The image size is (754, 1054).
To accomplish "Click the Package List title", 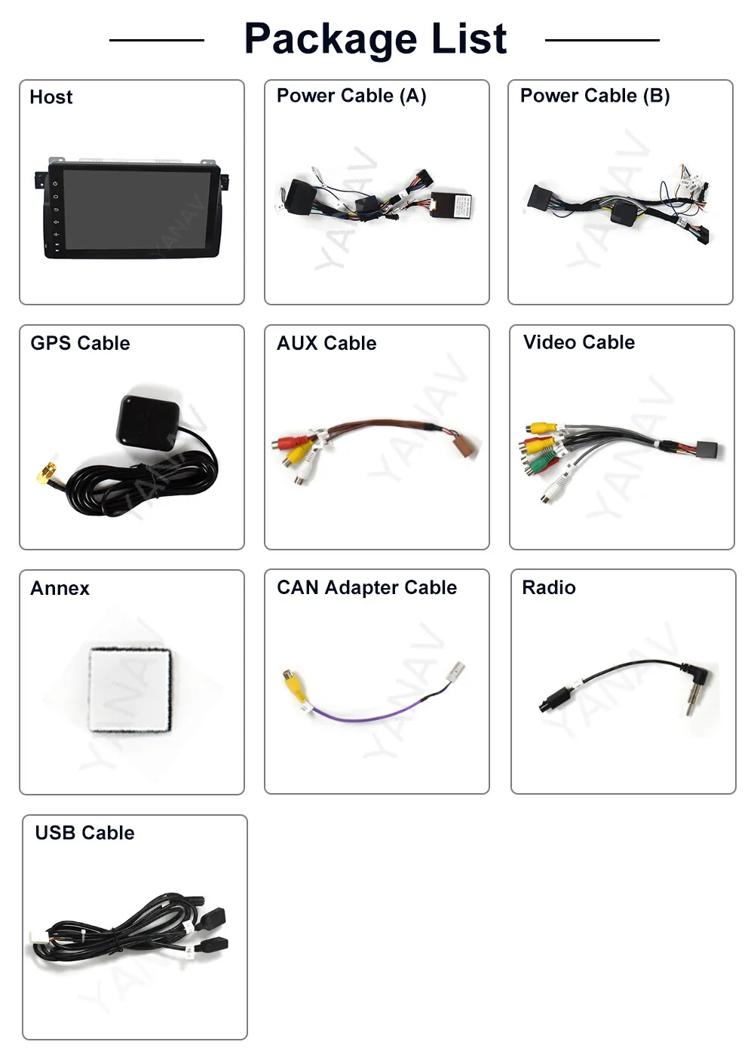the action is (x=375, y=39).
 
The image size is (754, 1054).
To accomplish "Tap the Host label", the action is (x=51, y=97).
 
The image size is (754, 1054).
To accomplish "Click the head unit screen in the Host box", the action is (x=132, y=209).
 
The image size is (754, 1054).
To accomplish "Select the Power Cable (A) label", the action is (x=351, y=96).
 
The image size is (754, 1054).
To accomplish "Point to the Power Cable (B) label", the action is (x=595, y=96).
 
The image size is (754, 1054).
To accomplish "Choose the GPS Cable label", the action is (x=80, y=343).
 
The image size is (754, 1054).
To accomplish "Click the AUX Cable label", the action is (x=326, y=343).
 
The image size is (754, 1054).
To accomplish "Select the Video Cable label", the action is (x=579, y=342).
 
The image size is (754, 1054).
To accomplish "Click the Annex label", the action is (x=60, y=588).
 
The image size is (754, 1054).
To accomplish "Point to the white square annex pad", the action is (x=130, y=689).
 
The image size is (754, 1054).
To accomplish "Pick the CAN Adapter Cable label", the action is (x=366, y=587).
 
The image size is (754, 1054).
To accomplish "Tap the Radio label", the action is (x=549, y=587).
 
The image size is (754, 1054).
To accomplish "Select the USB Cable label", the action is (x=85, y=832).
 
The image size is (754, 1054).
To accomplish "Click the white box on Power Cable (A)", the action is (x=452, y=206).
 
